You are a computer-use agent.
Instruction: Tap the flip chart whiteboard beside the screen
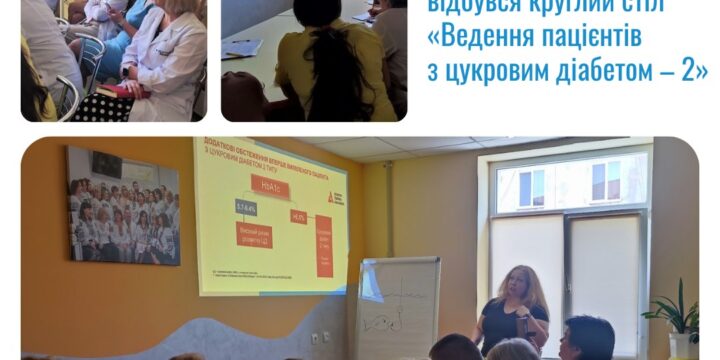[x=398, y=304]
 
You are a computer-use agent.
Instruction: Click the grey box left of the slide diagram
[x=246, y=209]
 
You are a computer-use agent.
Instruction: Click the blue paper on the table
[x=240, y=46]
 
